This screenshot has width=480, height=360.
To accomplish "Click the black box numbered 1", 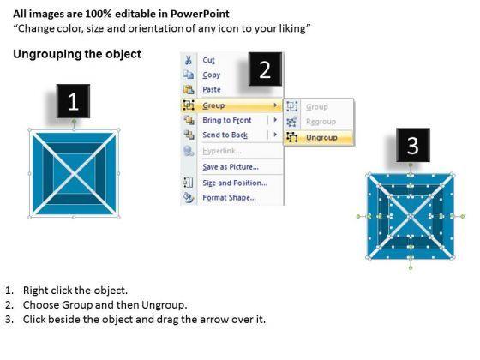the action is pos(73,101).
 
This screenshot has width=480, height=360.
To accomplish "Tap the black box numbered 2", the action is pos(265,69).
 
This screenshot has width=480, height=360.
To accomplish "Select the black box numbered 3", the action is pos(413,145).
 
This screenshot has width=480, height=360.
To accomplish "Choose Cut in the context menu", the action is pos(208,60).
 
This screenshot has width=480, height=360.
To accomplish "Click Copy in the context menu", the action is pos(211,75).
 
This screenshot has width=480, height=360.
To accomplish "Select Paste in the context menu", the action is pos(212,89).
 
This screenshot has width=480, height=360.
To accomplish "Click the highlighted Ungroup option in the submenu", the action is pos(321,138).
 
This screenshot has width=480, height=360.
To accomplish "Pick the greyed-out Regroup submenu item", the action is pos(321,122).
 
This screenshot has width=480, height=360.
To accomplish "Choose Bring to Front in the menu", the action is pos(227,120).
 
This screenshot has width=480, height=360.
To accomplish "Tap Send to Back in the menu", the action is pos(225,135).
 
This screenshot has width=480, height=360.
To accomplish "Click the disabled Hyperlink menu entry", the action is pos(222,151).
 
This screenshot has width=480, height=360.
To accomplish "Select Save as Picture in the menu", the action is pos(231,167).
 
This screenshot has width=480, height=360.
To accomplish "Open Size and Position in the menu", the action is pos(235,183).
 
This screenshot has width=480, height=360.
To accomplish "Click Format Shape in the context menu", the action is pos(230,198).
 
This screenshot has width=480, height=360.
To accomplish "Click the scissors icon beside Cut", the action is pos(189,60).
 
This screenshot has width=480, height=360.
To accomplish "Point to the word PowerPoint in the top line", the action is pos(200,14).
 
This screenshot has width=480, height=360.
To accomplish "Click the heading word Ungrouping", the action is pos(47,55).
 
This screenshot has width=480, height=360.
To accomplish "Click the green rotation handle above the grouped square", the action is pos(74,122).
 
